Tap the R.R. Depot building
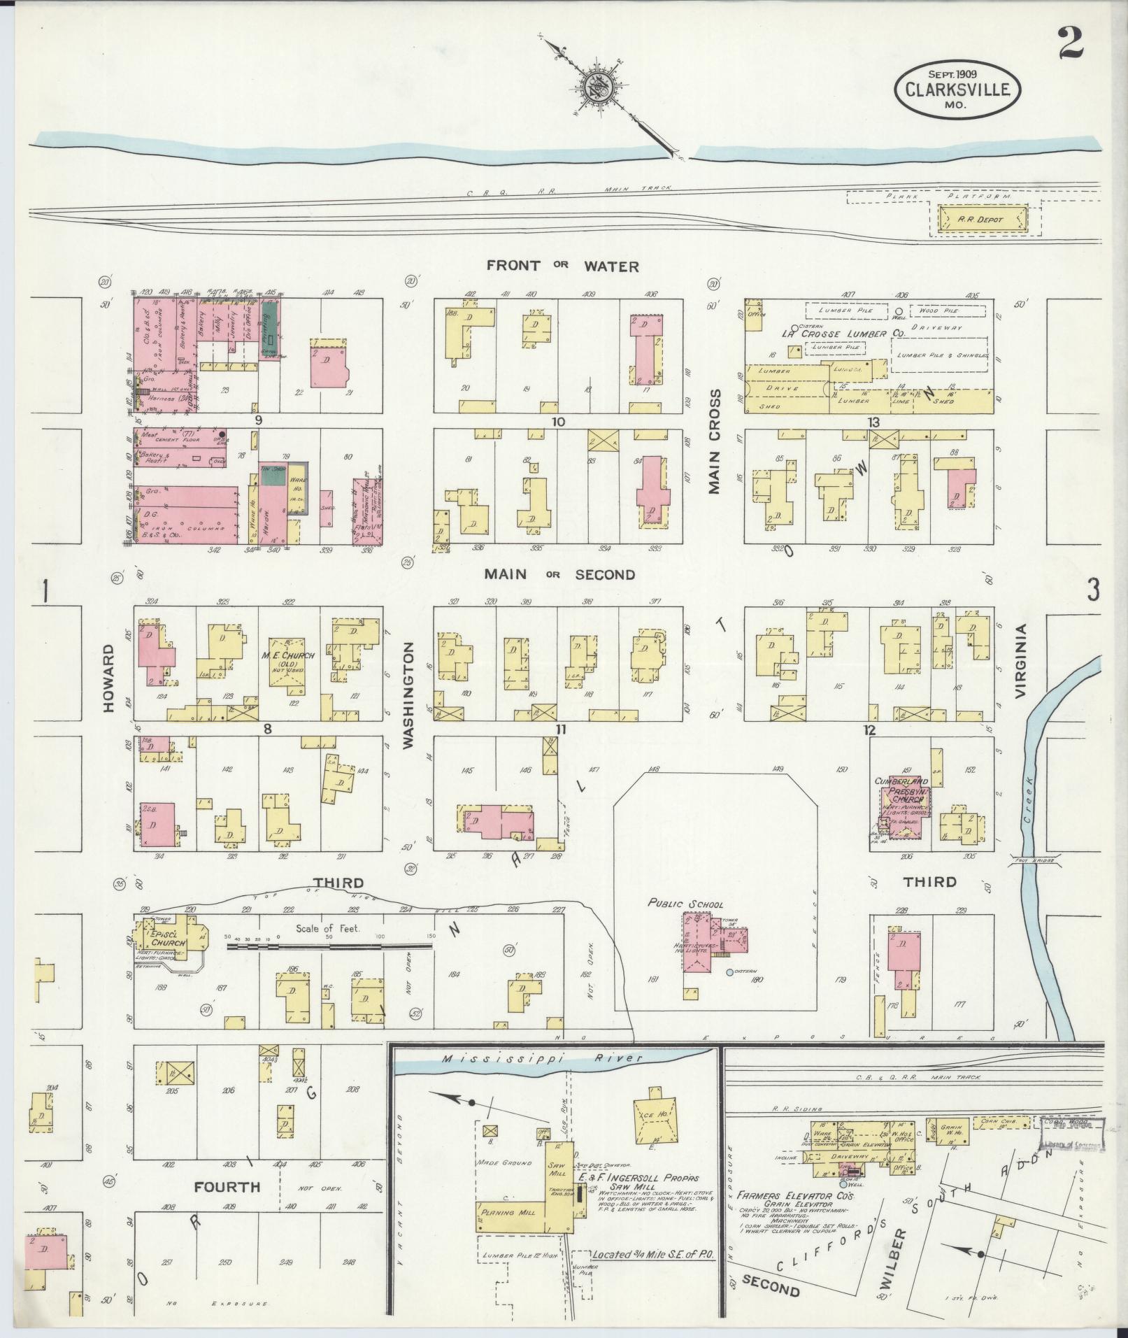click(982, 219)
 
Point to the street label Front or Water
click(563, 266)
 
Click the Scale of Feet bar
click(329, 946)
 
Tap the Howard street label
click(109, 678)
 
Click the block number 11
click(560, 730)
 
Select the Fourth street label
click(228, 1187)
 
